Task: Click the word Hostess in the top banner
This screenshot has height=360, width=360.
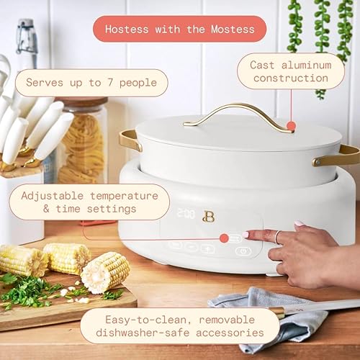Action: (127, 30)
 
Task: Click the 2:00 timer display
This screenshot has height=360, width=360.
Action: (186, 214)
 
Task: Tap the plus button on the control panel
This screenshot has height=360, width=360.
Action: (208, 248)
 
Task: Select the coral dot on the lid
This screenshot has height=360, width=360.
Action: (291, 125)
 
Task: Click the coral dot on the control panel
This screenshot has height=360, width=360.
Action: (224, 238)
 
